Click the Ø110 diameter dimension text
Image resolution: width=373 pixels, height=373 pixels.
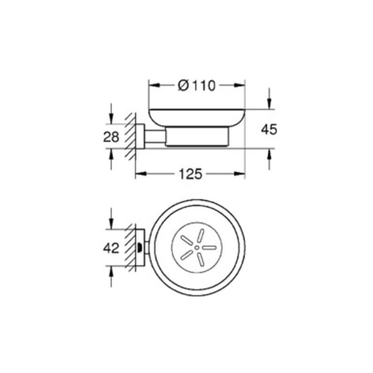[197, 85]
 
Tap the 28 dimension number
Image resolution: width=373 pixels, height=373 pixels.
[111, 137]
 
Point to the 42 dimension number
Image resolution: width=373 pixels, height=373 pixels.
[111, 248]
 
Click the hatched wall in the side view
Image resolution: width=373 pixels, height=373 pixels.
[131, 137]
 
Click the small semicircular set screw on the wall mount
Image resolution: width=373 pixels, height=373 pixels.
[140, 248]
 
